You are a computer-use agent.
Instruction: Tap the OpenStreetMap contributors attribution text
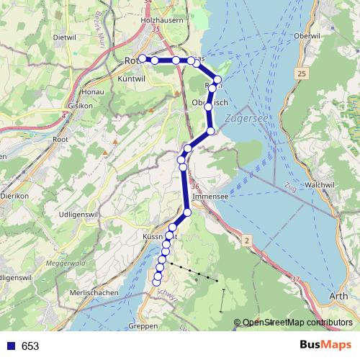click(297, 323)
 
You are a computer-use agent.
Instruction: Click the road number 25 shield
click(302, 74)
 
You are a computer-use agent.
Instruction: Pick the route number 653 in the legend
click(30, 346)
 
